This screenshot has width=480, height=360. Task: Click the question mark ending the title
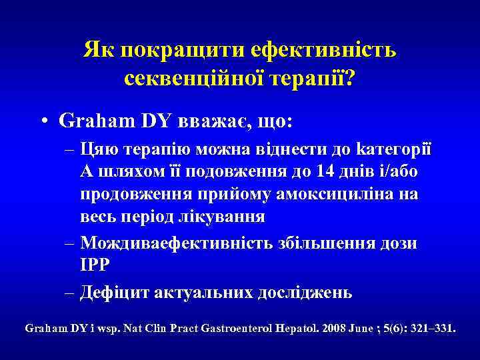tap(349, 79)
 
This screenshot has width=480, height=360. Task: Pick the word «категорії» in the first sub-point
tap(393, 148)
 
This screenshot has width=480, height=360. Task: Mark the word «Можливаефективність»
tap(175, 242)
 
